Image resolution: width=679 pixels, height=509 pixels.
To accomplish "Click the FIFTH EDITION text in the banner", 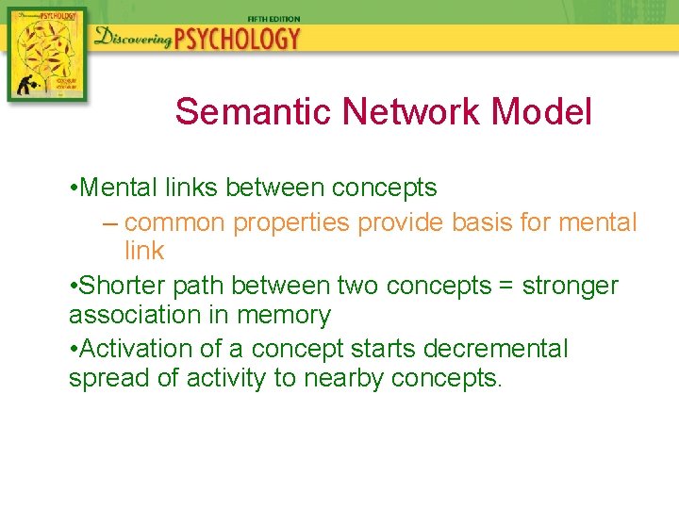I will point(274,17).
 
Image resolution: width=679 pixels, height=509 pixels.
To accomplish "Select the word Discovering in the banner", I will point(132,39).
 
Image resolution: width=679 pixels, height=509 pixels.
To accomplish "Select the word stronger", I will point(572,286).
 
